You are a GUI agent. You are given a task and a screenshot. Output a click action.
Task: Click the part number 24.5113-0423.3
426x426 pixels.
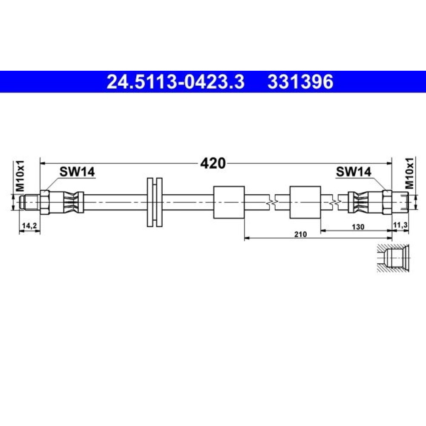pos(176,82)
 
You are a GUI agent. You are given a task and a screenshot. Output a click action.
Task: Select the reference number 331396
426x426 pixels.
pos(300,82)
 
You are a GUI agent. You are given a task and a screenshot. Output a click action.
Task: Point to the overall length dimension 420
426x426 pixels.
pos(213,163)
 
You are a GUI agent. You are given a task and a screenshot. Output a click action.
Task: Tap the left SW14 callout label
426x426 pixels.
pos(77,172)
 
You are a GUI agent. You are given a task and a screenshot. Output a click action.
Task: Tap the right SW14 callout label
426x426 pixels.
pos(354,172)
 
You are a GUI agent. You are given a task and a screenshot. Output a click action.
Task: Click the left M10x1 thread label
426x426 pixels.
pos(20,176)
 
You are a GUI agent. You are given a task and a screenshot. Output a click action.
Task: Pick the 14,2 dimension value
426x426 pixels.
pos(29,225)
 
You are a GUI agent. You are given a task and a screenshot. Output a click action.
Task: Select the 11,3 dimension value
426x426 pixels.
pos(400,225)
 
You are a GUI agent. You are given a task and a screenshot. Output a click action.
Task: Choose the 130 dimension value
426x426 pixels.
pos(358,227)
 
